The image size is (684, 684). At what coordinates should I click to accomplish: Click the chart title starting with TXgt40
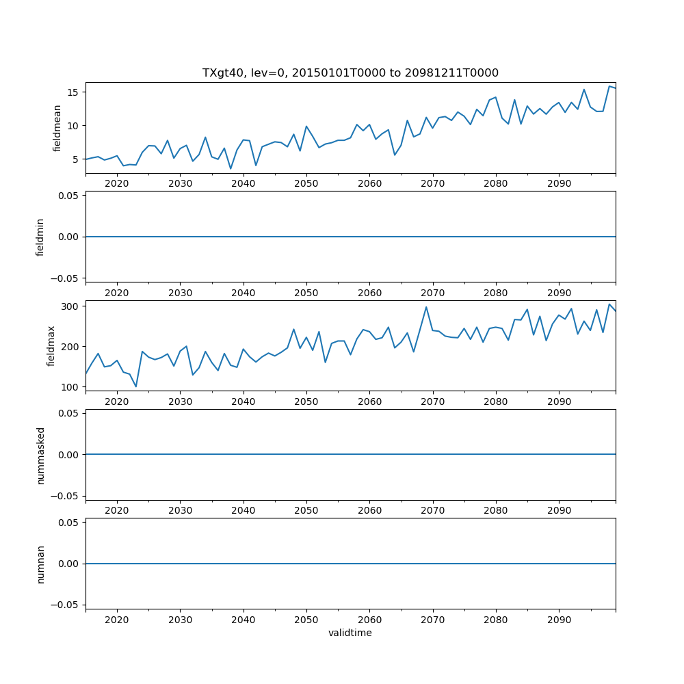pos(350,73)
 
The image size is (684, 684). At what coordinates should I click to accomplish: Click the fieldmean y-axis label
pos(57,128)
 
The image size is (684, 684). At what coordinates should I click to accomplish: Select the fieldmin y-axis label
pos(40,237)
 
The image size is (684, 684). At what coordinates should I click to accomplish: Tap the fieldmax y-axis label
pos(51,346)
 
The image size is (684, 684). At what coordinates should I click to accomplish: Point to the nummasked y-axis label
pos(40,455)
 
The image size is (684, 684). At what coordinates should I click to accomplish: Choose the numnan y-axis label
pos(40,564)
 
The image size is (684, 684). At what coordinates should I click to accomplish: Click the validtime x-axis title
pos(350,633)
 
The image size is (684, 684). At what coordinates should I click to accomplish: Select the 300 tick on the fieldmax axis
pos(70,306)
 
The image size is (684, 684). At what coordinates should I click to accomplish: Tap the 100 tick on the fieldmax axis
pos(70,386)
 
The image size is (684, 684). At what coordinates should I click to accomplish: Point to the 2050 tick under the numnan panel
pos(306,620)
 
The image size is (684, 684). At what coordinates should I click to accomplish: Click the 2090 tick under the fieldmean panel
pos(559,184)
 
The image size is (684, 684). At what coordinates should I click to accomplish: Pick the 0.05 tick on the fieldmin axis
pos(68,195)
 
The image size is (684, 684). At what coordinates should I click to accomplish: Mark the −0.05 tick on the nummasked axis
pos(66,495)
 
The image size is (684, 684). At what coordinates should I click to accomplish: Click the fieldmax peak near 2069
pos(426,306)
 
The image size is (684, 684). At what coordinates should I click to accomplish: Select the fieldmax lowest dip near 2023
pos(135,386)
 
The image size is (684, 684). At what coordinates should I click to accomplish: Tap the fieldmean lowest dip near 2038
pos(231,169)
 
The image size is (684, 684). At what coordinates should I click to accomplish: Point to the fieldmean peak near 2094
pos(584,90)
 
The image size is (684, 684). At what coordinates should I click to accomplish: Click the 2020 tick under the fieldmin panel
pos(117,293)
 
